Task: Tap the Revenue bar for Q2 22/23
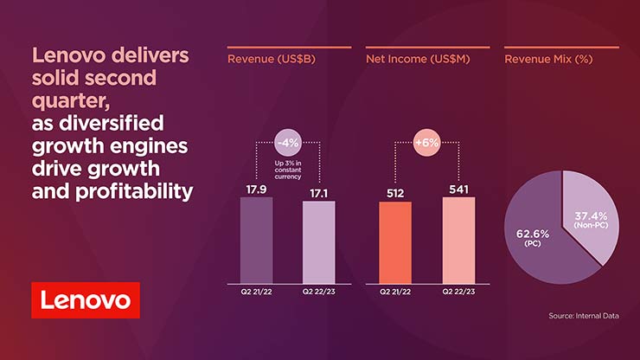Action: pos(318,241)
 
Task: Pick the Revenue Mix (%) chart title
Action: pos(547,60)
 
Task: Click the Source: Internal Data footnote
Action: pos(584,316)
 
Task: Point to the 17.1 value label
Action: pos(318,189)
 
